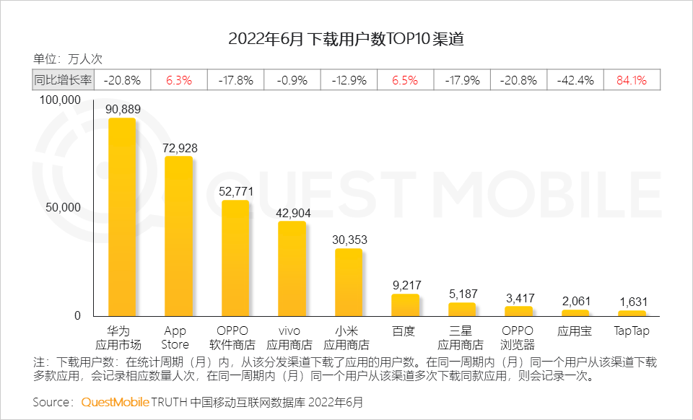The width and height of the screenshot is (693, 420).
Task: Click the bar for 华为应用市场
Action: point(122,216)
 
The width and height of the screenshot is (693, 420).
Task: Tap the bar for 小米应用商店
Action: point(349,282)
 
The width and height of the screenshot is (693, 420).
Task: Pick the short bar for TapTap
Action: point(632,313)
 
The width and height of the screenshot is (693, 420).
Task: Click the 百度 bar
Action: point(405,305)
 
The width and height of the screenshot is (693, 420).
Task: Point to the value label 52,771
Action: point(235,191)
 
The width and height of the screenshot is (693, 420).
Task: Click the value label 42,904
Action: point(292,213)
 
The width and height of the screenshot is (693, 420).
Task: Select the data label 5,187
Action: point(462,294)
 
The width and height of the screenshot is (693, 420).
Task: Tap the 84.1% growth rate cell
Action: point(631,80)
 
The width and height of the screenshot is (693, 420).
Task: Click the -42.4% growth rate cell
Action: point(575,80)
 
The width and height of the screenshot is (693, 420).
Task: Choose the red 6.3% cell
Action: point(178,80)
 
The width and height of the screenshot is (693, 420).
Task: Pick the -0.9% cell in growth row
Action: point(292,80)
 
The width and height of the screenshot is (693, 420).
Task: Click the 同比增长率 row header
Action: point(63,80)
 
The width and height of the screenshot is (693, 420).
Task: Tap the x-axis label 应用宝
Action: point(575,331)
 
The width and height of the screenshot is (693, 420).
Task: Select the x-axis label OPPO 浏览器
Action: point(518,338)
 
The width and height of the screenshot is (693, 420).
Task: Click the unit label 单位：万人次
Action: point(68,59)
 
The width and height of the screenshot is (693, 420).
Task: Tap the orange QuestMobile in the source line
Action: point(115,401)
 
